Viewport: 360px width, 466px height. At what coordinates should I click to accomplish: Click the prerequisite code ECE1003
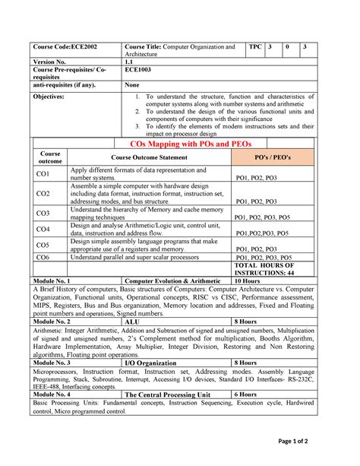click(x=138, y=71)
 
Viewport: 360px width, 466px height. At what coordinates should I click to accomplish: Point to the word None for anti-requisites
click(x=133, y=85)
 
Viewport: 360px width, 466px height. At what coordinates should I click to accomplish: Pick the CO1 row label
click(x=43, y=175)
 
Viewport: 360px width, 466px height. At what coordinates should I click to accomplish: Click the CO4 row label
click(x=43, y=229)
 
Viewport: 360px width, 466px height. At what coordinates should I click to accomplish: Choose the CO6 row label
click(x=43, y=258)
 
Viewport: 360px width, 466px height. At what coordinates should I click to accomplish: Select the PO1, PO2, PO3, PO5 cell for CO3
click(x=262, y=217)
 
